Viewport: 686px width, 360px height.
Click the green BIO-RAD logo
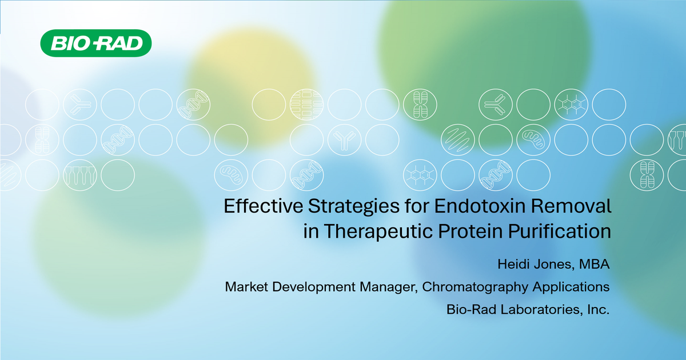pyautogui.click(x=95, y=44)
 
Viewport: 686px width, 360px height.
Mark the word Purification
pyautogui.click(x=563, y=231)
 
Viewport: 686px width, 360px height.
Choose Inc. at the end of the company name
pyautogui.click(x=596, y=310)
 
